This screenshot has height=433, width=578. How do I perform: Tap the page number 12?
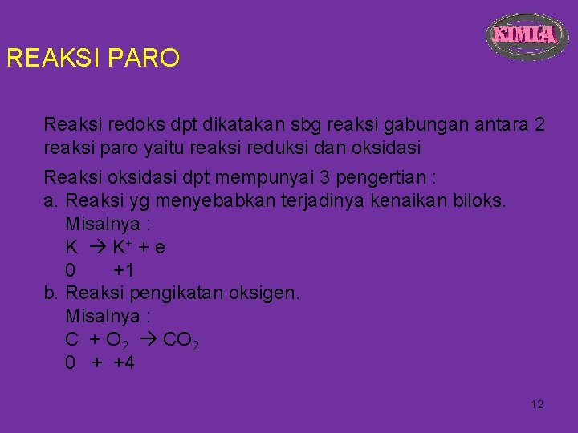(537, 404)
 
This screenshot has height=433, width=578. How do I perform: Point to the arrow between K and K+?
(94, 247)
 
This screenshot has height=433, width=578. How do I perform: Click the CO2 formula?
(181, 341)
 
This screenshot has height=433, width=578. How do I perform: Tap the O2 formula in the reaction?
(116, 341)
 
